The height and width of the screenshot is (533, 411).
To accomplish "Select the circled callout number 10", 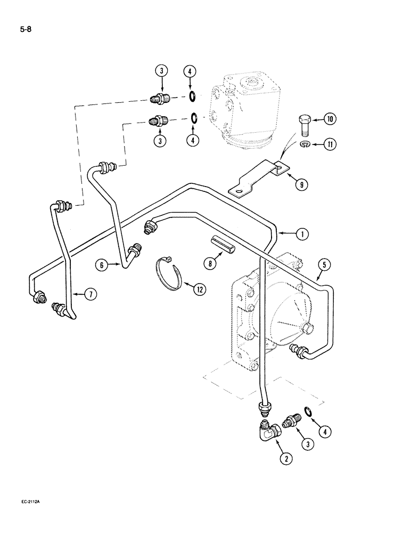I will click(x=330, y=119).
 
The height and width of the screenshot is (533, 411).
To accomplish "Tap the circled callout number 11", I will click(x=330, y=144).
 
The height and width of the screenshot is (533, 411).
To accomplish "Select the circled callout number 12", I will click(x=199, y=290).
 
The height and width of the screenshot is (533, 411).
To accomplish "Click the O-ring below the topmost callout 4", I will click(x=192, y=96).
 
